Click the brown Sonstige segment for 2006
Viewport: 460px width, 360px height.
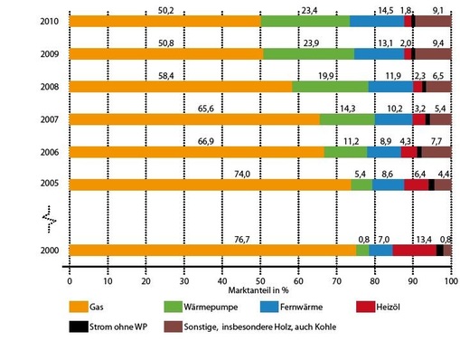pos(436,152)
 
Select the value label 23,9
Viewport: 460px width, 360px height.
pos(309,43)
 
